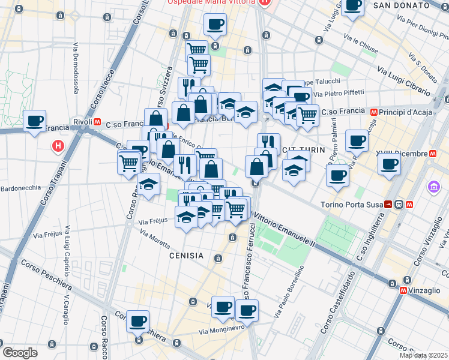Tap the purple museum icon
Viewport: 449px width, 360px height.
click(433, 188)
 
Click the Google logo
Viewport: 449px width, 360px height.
click(20, 353)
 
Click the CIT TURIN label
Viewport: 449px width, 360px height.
click(307, 150)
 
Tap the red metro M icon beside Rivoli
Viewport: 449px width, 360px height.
click(97, 122)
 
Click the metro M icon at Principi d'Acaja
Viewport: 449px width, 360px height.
click(374, 111)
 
